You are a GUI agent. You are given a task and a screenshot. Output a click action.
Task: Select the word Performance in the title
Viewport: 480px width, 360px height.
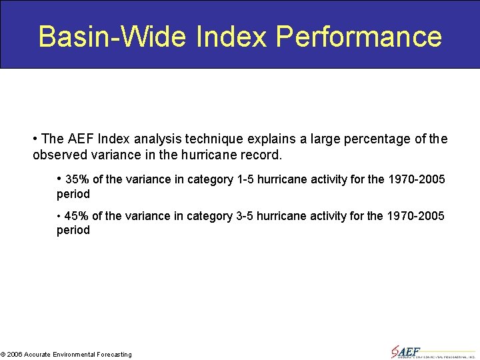(x=359, y=37)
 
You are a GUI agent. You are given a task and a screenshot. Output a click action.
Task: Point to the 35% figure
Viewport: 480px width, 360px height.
(x=77, y=179)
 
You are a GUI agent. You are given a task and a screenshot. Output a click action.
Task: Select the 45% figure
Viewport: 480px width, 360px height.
(x=77, y=216)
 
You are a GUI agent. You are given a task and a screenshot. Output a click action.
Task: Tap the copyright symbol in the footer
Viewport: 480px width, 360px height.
(x=3, y=355)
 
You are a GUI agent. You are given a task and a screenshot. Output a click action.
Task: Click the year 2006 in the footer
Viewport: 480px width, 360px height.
(x=15, y=355)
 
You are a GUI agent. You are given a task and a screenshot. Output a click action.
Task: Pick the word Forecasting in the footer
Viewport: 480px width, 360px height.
(x=114, y=355)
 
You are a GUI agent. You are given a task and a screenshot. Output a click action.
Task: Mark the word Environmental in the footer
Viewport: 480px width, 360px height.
(x=73, y=355)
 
